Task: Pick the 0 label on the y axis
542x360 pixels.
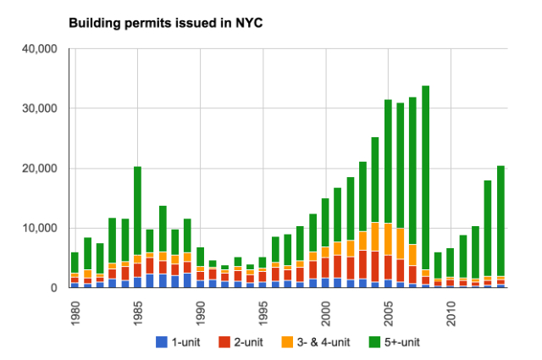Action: pos(52,288)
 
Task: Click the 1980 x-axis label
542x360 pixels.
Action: pos(75,307)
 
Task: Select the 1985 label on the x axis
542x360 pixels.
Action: pos(137,307)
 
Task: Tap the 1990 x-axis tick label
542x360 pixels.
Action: pos(200,307)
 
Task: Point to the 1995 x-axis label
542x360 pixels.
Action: pos(263,307)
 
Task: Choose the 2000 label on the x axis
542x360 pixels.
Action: pos(325,307)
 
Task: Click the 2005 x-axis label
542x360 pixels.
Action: pos(388,307)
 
